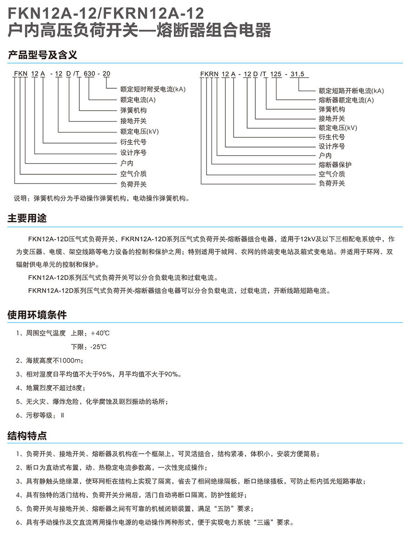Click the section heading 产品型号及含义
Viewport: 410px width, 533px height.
coord(42,55)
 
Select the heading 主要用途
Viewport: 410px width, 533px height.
coord(27,218)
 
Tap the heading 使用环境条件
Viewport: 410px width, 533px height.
coord(37,315)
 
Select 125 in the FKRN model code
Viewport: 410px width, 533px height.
coord(277,74)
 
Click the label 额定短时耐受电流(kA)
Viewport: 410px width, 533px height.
coord(152,89)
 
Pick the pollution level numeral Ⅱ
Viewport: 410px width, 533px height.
coord(62,415)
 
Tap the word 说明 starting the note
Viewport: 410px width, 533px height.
coord(20,198)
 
